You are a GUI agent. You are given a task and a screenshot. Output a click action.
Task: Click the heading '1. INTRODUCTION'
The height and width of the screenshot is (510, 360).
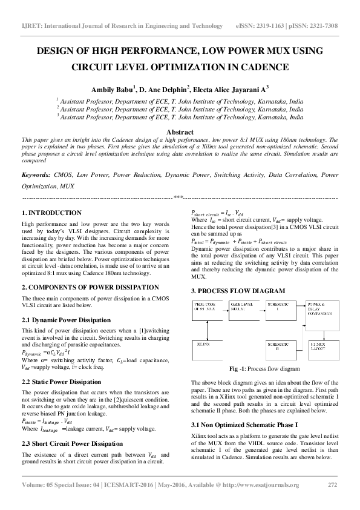[x=51, y=213]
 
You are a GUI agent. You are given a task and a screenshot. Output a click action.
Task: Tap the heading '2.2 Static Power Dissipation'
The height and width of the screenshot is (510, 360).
[x=62, y=382]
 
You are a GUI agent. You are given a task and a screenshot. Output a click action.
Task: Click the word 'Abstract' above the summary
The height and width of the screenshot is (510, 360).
[x=180, y=132]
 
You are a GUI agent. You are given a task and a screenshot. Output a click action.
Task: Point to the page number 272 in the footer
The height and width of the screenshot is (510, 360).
[x=332, y=485]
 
